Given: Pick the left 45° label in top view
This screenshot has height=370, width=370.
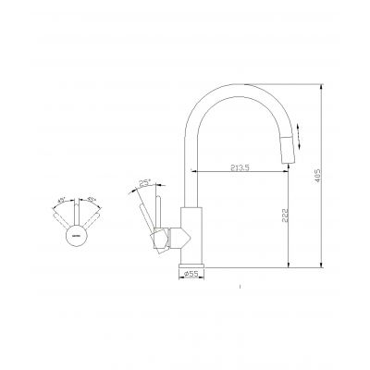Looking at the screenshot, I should (x=62, y=198).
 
